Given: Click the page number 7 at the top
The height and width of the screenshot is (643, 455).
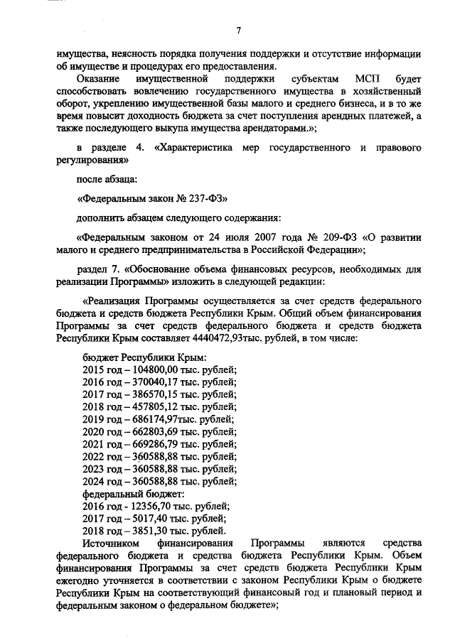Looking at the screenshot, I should click(x=240, y=29).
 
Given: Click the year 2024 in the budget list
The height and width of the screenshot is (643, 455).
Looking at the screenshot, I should click(x=95, y=482).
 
